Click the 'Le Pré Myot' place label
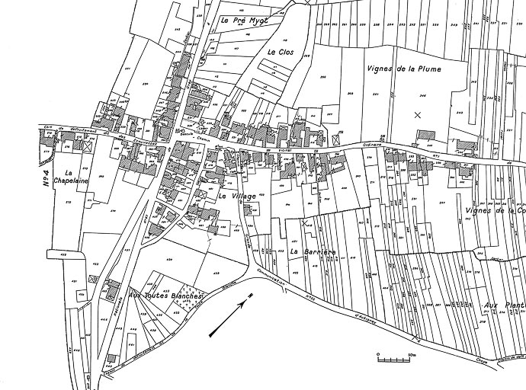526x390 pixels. coord(241,21)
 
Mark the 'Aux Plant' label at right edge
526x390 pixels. coord(504,305)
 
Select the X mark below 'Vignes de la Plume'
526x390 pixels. coord(416,115)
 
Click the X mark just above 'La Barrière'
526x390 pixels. coord(306,223)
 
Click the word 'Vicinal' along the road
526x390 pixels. coord(286,150)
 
